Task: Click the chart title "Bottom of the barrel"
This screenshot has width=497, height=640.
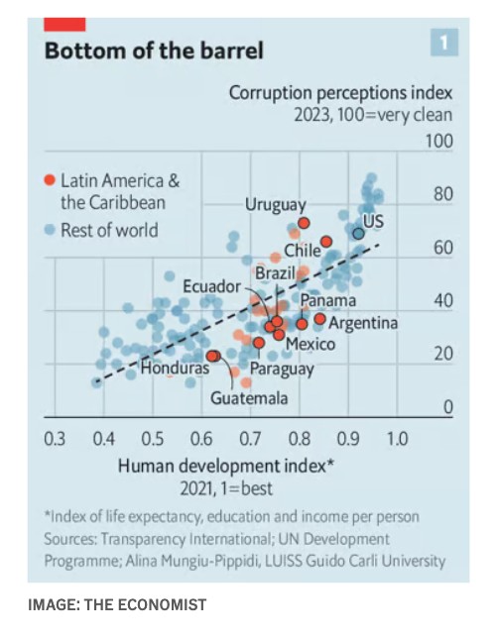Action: [154, 51]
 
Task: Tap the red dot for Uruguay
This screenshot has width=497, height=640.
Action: [304, 223]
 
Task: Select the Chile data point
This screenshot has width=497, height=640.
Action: [326, 242]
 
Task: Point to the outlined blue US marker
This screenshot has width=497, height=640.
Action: [358, 234]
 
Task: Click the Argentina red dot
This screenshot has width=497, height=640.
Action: [320, 318]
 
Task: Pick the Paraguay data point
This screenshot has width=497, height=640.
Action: [258, 343]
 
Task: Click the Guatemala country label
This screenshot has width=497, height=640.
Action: [249, 398]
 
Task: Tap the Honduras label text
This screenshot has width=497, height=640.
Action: [175, 369]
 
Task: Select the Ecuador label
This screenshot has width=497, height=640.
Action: [211, 286]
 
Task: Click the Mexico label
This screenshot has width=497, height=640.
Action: [311, 344]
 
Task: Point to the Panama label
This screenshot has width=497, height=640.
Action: [328, 300]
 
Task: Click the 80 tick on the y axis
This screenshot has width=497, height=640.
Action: [443, 194]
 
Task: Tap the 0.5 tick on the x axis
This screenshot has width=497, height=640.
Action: [153, 439]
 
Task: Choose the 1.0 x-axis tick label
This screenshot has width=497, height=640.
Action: [397, 439]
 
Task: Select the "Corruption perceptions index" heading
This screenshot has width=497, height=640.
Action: [340, 93]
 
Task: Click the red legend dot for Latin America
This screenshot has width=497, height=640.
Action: [50, 180]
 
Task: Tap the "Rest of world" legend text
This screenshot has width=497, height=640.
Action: [109, 230]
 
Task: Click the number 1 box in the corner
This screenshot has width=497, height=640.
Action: [444, 42]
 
